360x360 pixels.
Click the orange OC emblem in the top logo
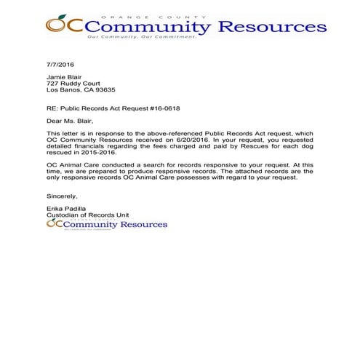pyautogui.click(x=59, y=25)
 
